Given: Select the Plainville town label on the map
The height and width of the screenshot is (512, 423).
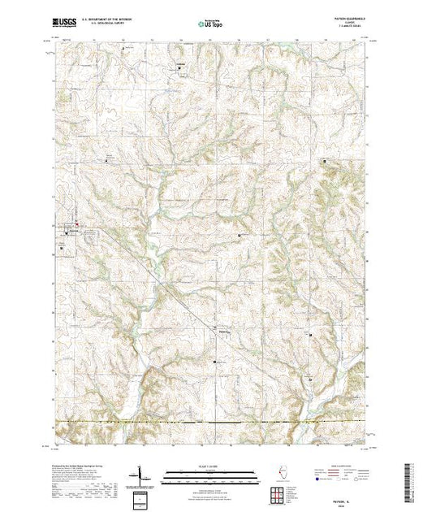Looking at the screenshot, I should (x=225, y=329).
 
